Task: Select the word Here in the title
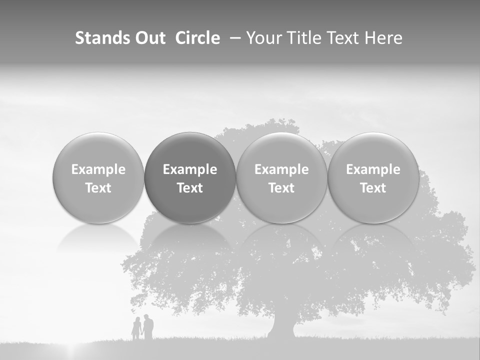[x=384, y=38]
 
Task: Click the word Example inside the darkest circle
[x=190, y=169]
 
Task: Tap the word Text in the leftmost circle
[x=98, y=188]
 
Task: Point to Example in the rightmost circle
[x=373, y=169]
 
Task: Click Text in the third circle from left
[x=281, y=188]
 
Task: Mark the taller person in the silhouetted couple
[x=148, y=327]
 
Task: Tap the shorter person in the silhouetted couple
[x=136, y=329]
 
